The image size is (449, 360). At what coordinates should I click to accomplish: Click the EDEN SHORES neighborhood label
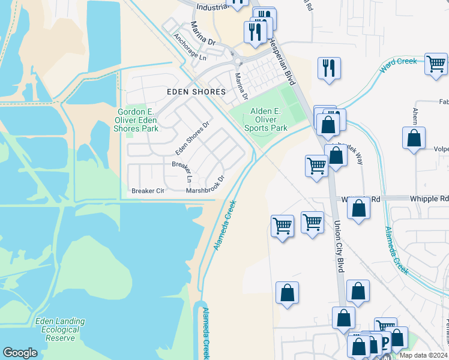196,92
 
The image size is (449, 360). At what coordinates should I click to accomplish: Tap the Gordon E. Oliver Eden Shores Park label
137,120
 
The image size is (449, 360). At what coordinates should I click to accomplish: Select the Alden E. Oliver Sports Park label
265,119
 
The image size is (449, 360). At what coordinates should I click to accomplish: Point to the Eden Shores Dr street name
192,138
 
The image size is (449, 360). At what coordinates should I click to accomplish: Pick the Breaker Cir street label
148,191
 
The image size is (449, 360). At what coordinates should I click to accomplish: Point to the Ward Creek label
397,65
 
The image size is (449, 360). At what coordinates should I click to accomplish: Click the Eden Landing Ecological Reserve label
60,329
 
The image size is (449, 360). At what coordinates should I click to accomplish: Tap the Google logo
20,353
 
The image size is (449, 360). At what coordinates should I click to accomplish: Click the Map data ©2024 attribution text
423,355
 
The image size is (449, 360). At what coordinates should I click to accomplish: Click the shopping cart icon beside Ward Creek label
436,63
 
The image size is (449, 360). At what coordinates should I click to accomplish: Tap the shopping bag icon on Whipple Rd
358,208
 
